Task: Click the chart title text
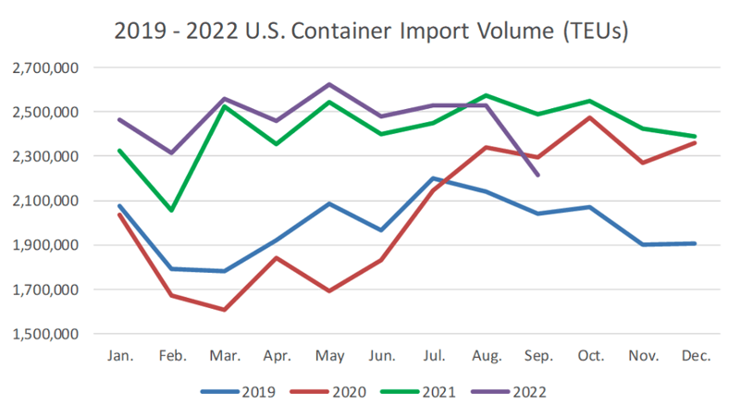[x=371, y=31]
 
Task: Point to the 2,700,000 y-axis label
[x=46, y=67]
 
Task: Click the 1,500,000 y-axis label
[x=46, y=334]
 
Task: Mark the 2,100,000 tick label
[x=46, y=201]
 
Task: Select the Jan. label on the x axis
[x=119, y=355]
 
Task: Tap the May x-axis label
[x=328, y=355]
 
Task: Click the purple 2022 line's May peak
[x=328, y=84]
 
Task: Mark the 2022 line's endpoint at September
[x=537, y=175]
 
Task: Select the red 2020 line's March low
[x=224, y=310]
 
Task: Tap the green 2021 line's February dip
[x=171, y=211]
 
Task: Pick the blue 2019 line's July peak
[x=433, y=178]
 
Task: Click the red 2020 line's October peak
[x=590, y=117]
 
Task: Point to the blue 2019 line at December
[x=695, y=243]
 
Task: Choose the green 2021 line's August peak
[x=486, y=95]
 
